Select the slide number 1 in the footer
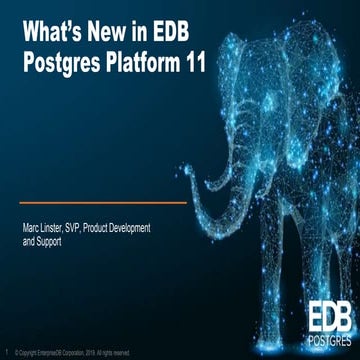pyautogui.click(x=7, y=352)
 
